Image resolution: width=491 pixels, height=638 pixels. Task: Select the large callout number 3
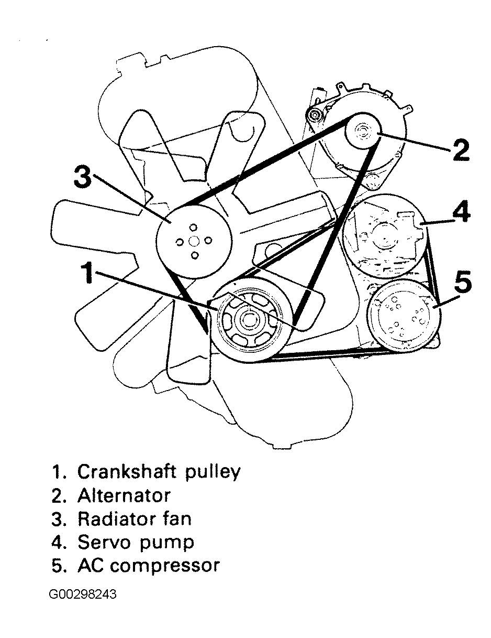coord(83,178)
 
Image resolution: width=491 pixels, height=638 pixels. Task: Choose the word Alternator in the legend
coord(124,495)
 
